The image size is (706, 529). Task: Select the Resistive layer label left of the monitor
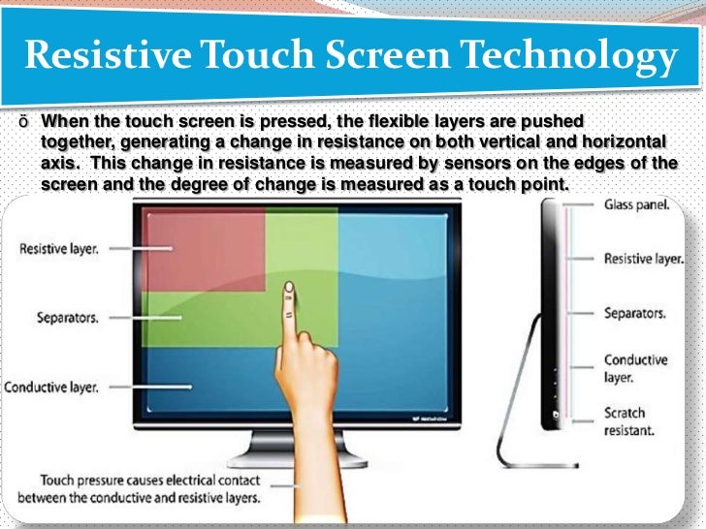(x=59, y=248)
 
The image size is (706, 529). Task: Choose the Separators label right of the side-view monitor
(x=634, y=314)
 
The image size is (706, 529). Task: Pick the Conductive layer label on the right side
(x=635, y=368)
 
